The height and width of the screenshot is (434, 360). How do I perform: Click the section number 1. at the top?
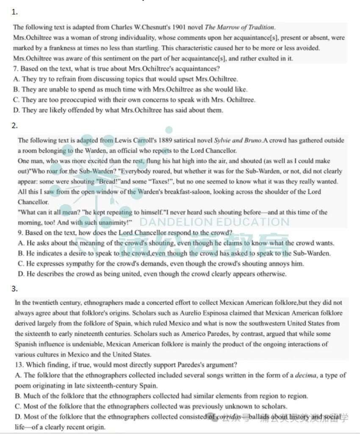point(15,12)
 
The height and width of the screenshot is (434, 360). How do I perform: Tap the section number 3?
point(15,289)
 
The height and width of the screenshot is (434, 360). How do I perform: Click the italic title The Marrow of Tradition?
point(240,28)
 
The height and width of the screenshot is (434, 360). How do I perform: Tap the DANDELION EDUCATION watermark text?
point(214,222)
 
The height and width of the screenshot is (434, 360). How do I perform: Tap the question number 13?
point(19,365)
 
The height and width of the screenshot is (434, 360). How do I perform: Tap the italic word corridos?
point(229,417)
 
